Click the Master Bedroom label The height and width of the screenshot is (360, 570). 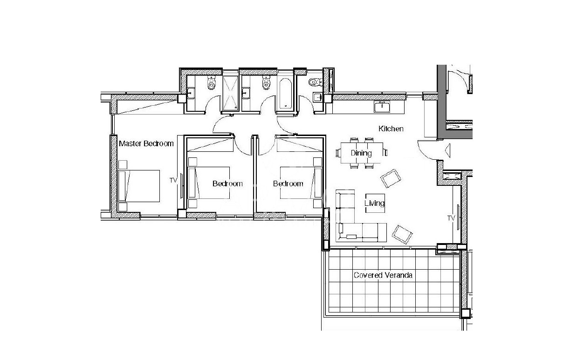(x=146, y=143)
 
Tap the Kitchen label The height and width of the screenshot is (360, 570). (x=391, y=129)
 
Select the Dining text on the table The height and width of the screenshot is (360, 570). (x=361, y=153)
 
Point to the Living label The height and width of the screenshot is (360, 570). (x=374, y=203)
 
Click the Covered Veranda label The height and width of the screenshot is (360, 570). (x=383, y=275)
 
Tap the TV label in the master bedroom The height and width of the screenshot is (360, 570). (x=173, y=180)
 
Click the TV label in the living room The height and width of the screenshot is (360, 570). (x=451, y=218)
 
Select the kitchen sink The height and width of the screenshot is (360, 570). (x=382, y=106)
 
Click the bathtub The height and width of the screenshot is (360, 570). (x=285, y=94)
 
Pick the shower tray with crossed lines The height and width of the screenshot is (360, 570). (x=230, y=93)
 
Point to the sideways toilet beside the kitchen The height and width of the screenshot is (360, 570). (x=316, y=82)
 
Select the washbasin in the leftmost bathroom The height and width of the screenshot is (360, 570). (x=191, y=93)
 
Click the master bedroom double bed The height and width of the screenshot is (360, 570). (x=139, y=186)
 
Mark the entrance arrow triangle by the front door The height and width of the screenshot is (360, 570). (x=447, y=150)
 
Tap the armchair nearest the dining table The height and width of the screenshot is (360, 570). (x=391, y=178)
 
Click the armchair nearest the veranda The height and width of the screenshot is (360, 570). (x=402, y=234)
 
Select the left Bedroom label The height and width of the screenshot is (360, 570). (x=227, y=183)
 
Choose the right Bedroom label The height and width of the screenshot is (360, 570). (x=288, y=183)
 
